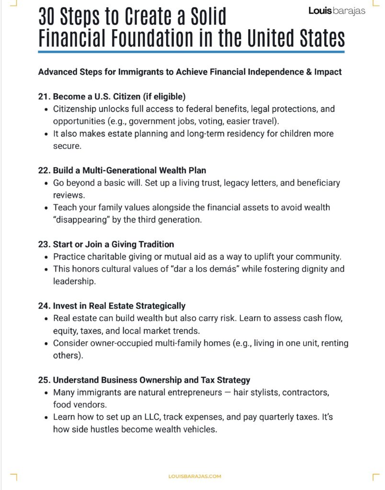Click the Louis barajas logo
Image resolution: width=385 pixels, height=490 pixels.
pos(337,11)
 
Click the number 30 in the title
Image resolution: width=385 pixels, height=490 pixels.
pos(49,18)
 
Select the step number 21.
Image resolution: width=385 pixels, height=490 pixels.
pos(44,96)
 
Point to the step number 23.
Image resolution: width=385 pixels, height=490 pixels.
pos(44,245)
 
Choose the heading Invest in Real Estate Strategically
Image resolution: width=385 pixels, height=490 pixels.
pos(119,306)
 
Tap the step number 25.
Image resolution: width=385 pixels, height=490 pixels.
pos(44,380)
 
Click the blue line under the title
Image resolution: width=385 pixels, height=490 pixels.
pos(191,51)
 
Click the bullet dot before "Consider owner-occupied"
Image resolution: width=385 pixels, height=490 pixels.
pos(46,344)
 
